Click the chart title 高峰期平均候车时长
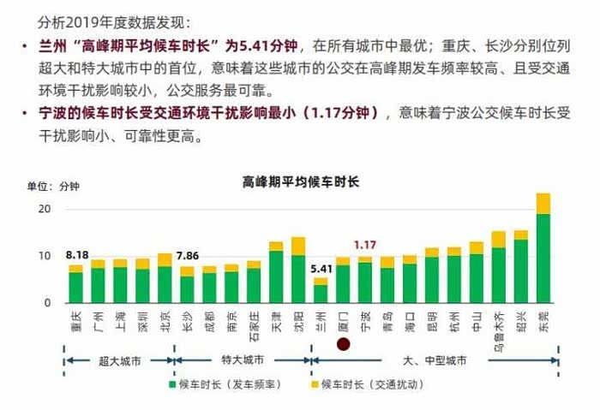pos(301,181)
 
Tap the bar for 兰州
pos(321,292)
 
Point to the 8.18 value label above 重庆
pos(77,255)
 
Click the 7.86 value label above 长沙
pos(187,255)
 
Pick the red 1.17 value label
pos(365,245)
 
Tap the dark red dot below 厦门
pos(343,344)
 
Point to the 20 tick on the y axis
pos(45,209)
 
